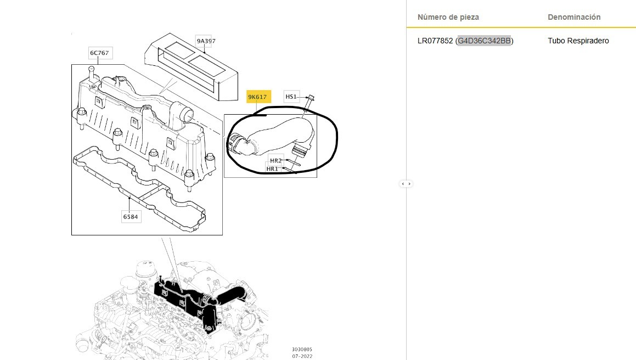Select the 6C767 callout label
(99, 53)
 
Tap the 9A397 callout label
(206, 41)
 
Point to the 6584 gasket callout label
(131, 217)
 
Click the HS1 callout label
(291, 97)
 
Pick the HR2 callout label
(276, 161)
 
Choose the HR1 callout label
(273, 169)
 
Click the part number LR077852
(435, 41)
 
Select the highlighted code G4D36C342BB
(485, 41)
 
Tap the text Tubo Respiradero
(578, 41)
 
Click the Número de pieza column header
(448, 17)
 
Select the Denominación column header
(574, 17)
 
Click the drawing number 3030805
(302, 350)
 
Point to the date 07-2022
(302, 356)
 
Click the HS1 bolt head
(311, 97)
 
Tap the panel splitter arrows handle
(406, 184)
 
